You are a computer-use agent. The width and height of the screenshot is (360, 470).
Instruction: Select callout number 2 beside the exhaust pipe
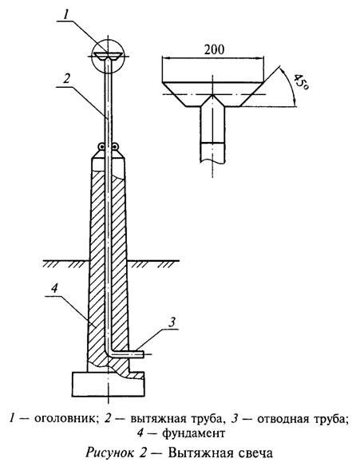coord(66,78)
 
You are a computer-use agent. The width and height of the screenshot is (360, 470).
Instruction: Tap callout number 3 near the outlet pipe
coord(172,322)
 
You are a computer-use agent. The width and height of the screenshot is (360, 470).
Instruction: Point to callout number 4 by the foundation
coord(54,289)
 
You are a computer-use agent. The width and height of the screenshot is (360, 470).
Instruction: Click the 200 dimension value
coord(214,49)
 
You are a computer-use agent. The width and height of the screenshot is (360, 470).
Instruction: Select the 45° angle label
coord(300,81)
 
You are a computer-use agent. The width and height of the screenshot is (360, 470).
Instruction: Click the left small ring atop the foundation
coord(102,147)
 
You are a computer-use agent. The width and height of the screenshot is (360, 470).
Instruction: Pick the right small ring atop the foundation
coord(115,147)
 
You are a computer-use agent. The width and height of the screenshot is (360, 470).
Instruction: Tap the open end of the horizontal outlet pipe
coord(144,354)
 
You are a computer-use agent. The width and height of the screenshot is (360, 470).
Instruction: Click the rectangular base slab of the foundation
coord(108,385)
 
